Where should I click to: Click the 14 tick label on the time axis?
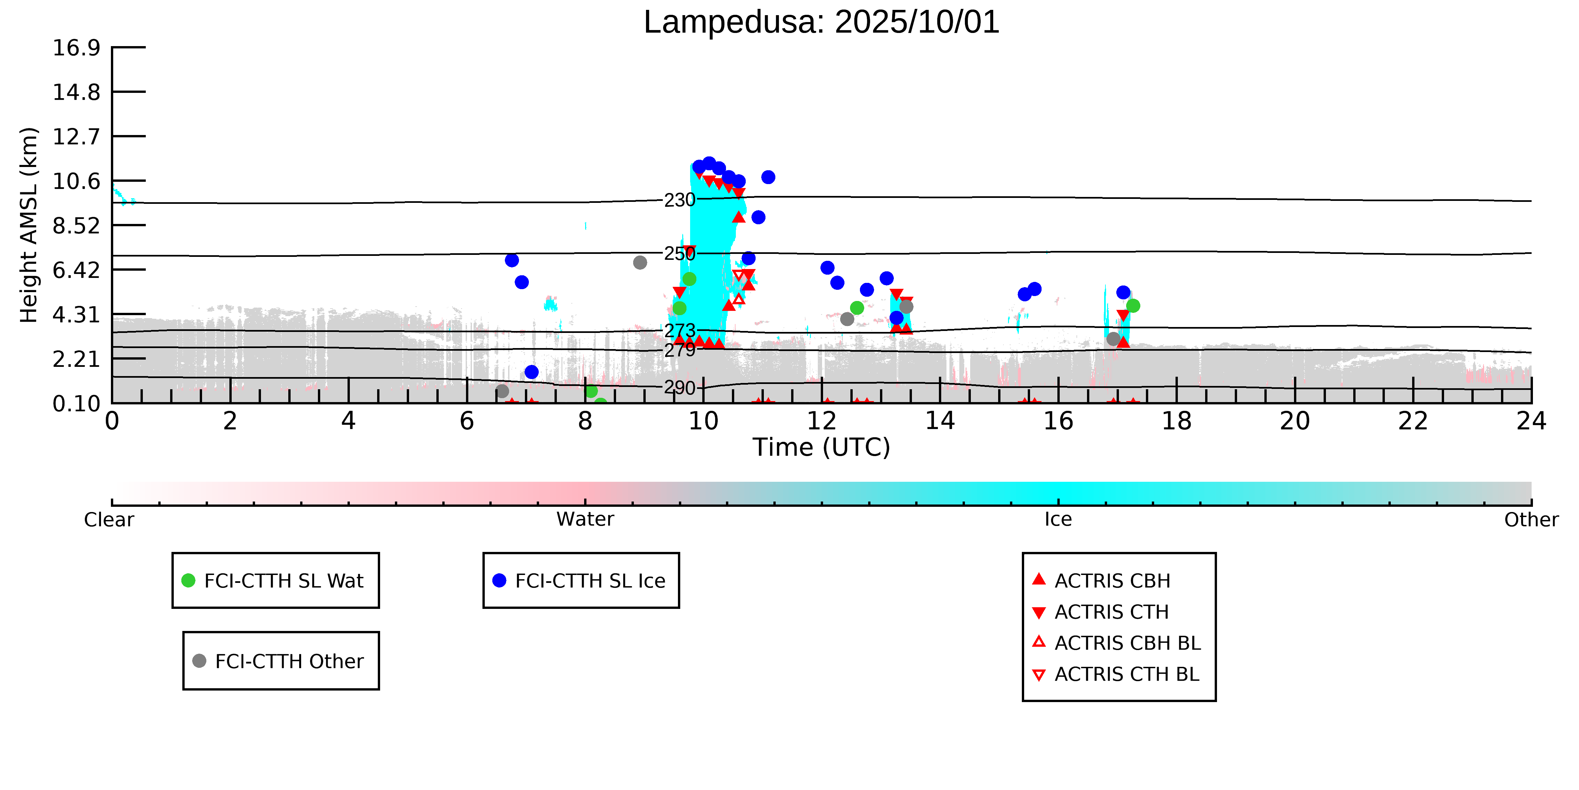click(940, 422)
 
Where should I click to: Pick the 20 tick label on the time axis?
click(1295, 422)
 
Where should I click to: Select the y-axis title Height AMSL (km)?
click(29, 225)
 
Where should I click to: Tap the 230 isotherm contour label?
click(680, 200)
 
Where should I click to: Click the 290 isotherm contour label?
click(680, 388)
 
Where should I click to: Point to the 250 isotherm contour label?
click(680, 253)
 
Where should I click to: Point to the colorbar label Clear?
click(109, 520)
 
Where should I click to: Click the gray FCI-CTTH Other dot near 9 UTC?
click(640, 262)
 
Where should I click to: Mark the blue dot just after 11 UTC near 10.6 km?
click(768, 177)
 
